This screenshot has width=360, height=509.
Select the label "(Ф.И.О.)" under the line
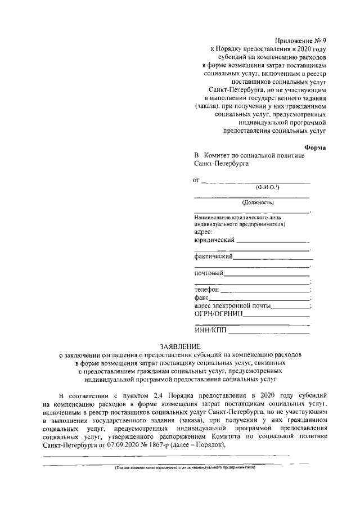(x=268, y=187)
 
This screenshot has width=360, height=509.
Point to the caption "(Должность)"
(x=258, y=202)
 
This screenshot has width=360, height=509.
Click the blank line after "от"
(x=256, y=181)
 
